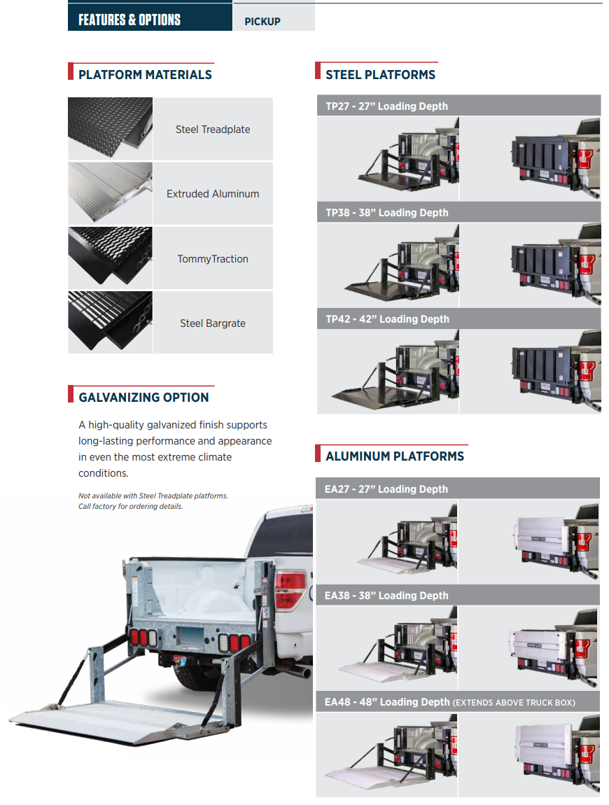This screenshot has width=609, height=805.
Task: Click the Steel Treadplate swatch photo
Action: (111, 128)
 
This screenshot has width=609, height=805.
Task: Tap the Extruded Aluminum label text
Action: (213, 194)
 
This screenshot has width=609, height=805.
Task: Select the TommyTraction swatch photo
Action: (111, 258)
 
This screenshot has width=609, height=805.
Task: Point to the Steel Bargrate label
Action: (213, 323)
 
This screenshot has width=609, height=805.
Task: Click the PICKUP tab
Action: (274, 18)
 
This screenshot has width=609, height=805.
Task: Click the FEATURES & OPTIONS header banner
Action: (150, 17)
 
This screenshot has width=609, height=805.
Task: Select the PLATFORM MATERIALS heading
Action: (145, 75)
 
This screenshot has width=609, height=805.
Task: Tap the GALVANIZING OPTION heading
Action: (143, 398)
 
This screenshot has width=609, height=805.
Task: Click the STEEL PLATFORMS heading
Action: (381, 75)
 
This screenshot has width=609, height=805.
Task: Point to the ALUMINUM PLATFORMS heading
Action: (395, 456)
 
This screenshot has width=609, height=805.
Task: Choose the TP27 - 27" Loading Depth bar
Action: (458, 106)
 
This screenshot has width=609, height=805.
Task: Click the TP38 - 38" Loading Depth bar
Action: (458, 212)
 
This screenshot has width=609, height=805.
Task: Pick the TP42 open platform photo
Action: (388, 372)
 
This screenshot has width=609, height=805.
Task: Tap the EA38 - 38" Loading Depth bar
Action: (458, 595)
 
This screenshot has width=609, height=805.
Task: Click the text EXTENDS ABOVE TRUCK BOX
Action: (514, 702)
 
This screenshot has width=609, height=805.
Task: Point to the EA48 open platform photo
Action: (386, 754)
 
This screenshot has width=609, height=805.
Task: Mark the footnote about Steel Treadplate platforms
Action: (153, 501)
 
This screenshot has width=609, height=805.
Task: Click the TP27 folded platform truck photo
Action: (530, 159)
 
